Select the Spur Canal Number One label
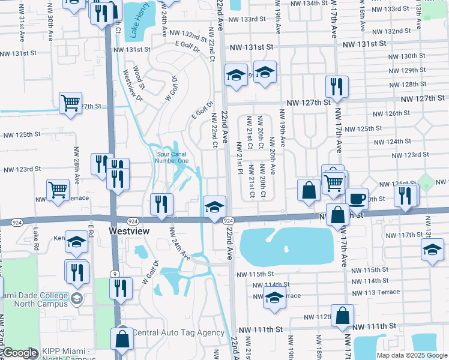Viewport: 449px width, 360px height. [x=171, y=157]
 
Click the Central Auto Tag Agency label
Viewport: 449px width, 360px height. [x=178, y=332]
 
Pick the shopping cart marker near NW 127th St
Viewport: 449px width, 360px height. [x=71, y=103]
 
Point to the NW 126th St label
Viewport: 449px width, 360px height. [x=391, y=114]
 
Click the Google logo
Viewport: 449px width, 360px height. [x=20, y=353]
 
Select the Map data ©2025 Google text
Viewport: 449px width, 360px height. [x=411, y=355]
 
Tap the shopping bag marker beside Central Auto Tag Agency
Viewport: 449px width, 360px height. [x=122, y=338]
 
